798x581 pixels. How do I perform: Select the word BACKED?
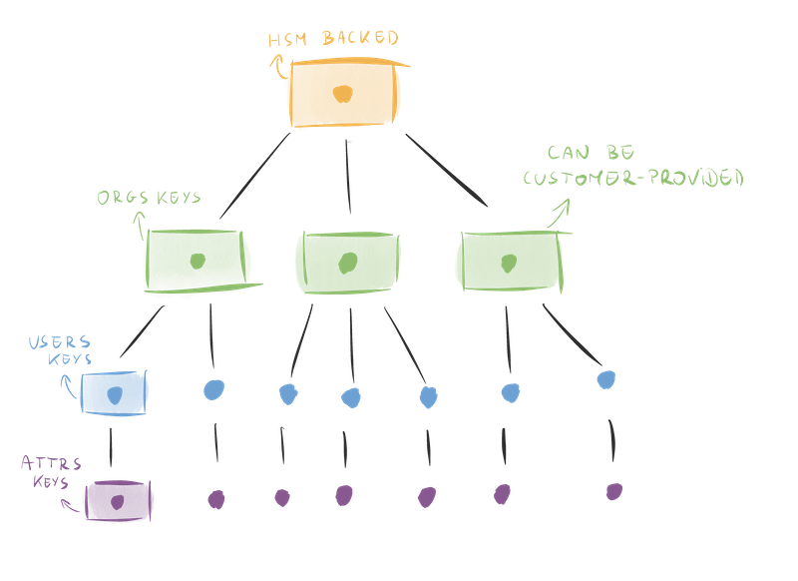click(360, 39)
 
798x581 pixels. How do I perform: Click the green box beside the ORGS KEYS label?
click(197, 264)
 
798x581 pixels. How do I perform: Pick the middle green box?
click(349, 263)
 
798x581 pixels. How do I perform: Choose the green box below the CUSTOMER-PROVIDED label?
click(508, 262)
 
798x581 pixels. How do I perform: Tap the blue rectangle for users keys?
click(114, 392)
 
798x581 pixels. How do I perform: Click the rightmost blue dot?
click(605, 379)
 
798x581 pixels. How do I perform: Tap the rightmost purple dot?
click(615, 491)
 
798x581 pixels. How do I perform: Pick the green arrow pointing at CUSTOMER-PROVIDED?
click(562, 210)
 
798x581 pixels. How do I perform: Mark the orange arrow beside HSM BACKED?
click(274, 66)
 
